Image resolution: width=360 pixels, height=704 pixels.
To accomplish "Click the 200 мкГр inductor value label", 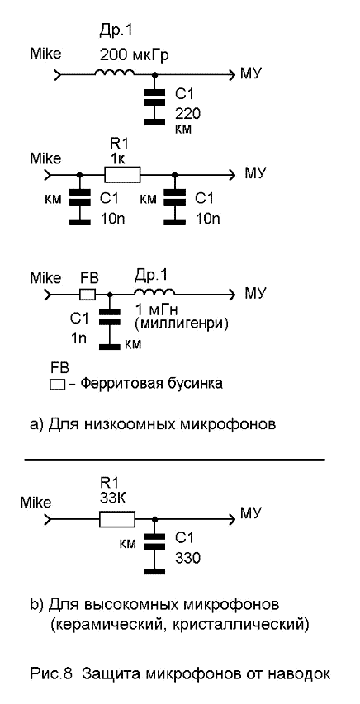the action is tap(134, 55).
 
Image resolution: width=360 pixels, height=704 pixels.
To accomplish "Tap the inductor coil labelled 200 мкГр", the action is tap(114, 72).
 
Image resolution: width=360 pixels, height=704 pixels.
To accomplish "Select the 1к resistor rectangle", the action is tap(122, 174).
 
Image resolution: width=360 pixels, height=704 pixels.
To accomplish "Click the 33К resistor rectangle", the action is tap(117, 519).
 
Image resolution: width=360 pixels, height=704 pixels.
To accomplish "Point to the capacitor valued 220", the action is tap(154, 106).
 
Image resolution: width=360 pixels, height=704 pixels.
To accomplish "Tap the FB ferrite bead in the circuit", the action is tap(88, 294).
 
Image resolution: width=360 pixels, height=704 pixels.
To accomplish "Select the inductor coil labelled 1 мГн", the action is tap(154, 292).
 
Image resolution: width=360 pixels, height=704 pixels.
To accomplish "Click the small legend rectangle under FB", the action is tap(57, 385).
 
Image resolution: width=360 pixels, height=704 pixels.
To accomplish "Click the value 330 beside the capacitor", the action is tap(187, 558).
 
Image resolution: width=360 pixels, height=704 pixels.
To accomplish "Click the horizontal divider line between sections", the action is tap(174, 460).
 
